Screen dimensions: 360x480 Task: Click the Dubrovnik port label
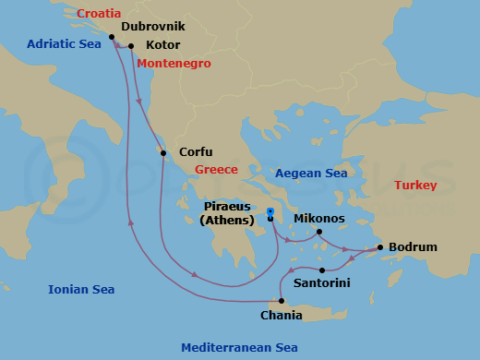159,29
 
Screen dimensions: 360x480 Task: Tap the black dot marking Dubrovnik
112,37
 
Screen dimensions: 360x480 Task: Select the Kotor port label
163,44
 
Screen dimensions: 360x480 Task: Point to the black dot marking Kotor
131,45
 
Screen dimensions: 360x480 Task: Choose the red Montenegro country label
174,64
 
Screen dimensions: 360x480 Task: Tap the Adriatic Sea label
63,43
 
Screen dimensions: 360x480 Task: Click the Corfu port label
196,152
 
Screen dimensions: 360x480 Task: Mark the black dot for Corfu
163,153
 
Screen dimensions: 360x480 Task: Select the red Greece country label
216,170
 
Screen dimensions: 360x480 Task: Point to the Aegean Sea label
311,174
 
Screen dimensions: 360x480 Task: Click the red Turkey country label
415,186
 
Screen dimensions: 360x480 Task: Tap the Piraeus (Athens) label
227,213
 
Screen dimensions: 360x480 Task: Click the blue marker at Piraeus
270,212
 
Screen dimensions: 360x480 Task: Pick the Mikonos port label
318,219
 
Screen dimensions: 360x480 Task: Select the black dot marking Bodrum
380,247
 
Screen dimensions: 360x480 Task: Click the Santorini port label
321,282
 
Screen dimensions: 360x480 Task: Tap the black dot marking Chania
282,301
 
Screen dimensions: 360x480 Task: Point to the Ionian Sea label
81,290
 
